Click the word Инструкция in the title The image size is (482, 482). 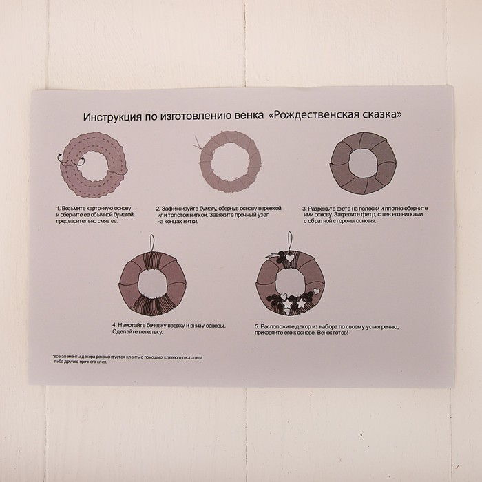click(x=112, y=117)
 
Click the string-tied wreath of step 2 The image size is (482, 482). click(x=229, y=162)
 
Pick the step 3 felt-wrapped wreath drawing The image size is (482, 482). click(x=363, y=163)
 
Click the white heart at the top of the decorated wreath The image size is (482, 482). click(x=290, y=258)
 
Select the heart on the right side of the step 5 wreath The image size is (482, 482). click(x=317, y=291)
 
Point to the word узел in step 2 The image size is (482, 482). click(x=264, y=215)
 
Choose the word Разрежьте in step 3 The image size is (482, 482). click(x=322, y=209)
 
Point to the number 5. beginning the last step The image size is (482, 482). click(x=258, y=327)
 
